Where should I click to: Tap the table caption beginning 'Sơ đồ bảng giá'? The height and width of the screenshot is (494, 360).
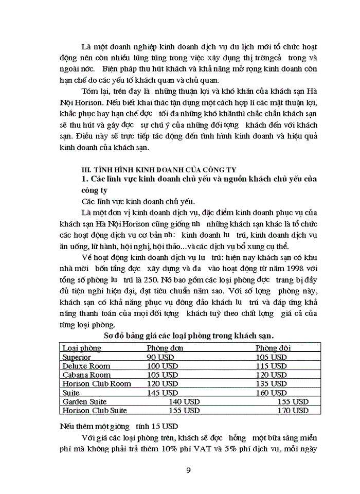tap(189, 336)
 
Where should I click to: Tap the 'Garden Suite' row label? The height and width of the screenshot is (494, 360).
tap(84, 401)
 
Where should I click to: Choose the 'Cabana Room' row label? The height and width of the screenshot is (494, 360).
tap(86, 375)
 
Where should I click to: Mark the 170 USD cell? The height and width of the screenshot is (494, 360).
tap(293, 411)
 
